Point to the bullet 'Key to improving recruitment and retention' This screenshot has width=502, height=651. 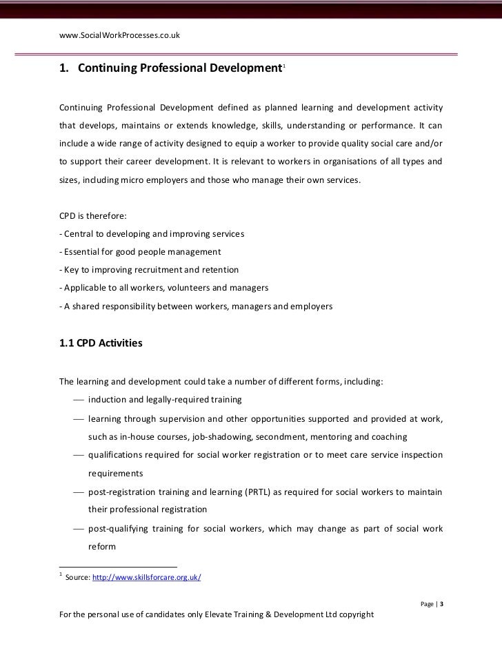pos(149,270)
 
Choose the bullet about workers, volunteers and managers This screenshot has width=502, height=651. pos(162,288)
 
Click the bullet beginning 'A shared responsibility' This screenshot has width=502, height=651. pos(196,305)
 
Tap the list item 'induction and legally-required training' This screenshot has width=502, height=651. pos(165,400)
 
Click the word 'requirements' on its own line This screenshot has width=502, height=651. pos(115,474)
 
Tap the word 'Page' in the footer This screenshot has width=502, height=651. pos(428,605)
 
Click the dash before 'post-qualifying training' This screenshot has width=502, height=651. pos(77,527)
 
